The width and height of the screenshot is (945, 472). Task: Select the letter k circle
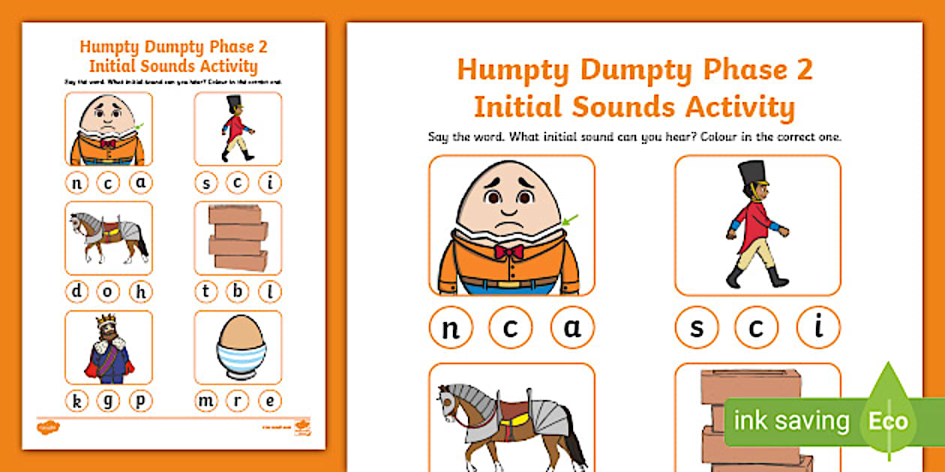point(76,402)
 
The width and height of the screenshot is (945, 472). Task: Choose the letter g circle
point(108,402)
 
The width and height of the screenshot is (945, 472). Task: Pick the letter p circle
point(140,402)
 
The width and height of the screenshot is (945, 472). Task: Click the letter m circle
point(205,402)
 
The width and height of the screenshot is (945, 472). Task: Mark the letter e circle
point(270,402)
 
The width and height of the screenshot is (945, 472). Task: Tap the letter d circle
point(76,291)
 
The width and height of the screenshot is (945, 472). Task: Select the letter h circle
point(140,291)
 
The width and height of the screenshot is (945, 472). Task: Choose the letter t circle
point(205,291)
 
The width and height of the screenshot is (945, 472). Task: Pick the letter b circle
point(238,291)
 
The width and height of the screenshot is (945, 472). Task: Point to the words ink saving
point(790,421)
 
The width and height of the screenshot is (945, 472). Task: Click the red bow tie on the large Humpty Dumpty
point(508,252)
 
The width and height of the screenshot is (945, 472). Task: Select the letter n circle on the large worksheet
point(451,328)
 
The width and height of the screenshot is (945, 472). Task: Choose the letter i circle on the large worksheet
point(818,328)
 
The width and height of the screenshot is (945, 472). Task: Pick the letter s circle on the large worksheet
point(696,328)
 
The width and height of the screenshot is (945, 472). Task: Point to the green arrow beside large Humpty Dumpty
point(569,220)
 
